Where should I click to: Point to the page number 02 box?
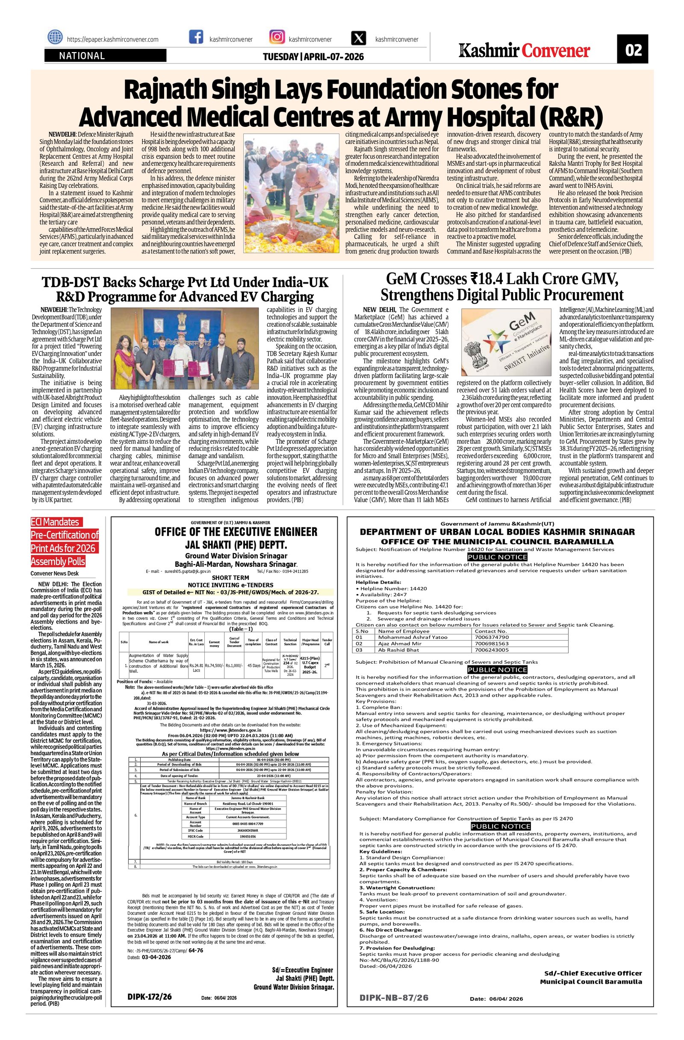pyautogui.click(x=632, y=50)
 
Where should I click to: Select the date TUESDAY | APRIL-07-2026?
pyautogui.click(x=313, y=56)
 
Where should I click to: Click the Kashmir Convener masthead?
pyautogui.click(x=524, y=51)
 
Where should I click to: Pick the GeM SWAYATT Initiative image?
pyautogui.click(x=503, y=340)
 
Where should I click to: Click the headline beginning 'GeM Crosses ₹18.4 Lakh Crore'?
pyautogui.click(x=501, y=286)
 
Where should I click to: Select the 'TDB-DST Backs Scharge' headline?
pyautogui.click(x=185, y=289)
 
